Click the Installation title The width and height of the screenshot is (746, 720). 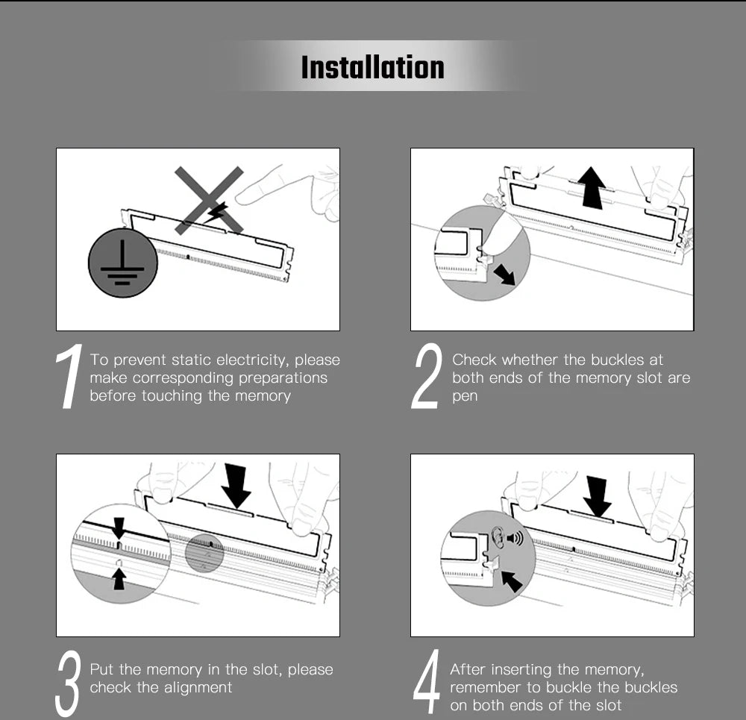[372, 67]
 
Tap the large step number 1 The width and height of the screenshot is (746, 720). [69, 376]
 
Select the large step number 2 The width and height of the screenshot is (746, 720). [426, 376]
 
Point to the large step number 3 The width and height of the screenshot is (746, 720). [68, 684]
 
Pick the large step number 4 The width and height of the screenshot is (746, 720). [427, 681]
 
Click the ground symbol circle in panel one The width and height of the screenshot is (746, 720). [123, 263]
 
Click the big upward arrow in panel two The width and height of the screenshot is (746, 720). [592, 187]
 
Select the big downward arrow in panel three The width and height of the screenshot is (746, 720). [236, 486]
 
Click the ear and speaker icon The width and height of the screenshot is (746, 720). [507, 537]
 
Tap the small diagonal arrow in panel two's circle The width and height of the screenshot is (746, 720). [504, 275]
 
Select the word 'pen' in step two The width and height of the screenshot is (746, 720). [465, 396]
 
